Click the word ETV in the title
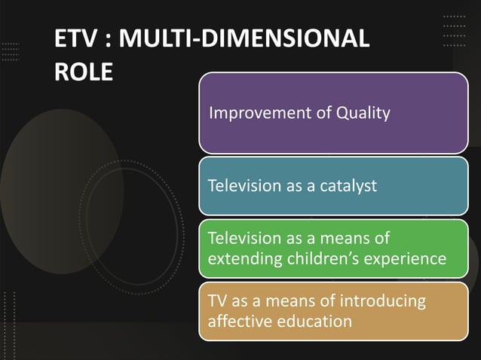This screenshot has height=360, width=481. (x=71, y=38)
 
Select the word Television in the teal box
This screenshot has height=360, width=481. (x=243, y=185)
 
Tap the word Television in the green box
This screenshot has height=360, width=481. (x=243, y=239)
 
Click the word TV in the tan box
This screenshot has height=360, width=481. (x=218, y=301)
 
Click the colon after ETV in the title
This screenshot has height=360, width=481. (x=103, y=40)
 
